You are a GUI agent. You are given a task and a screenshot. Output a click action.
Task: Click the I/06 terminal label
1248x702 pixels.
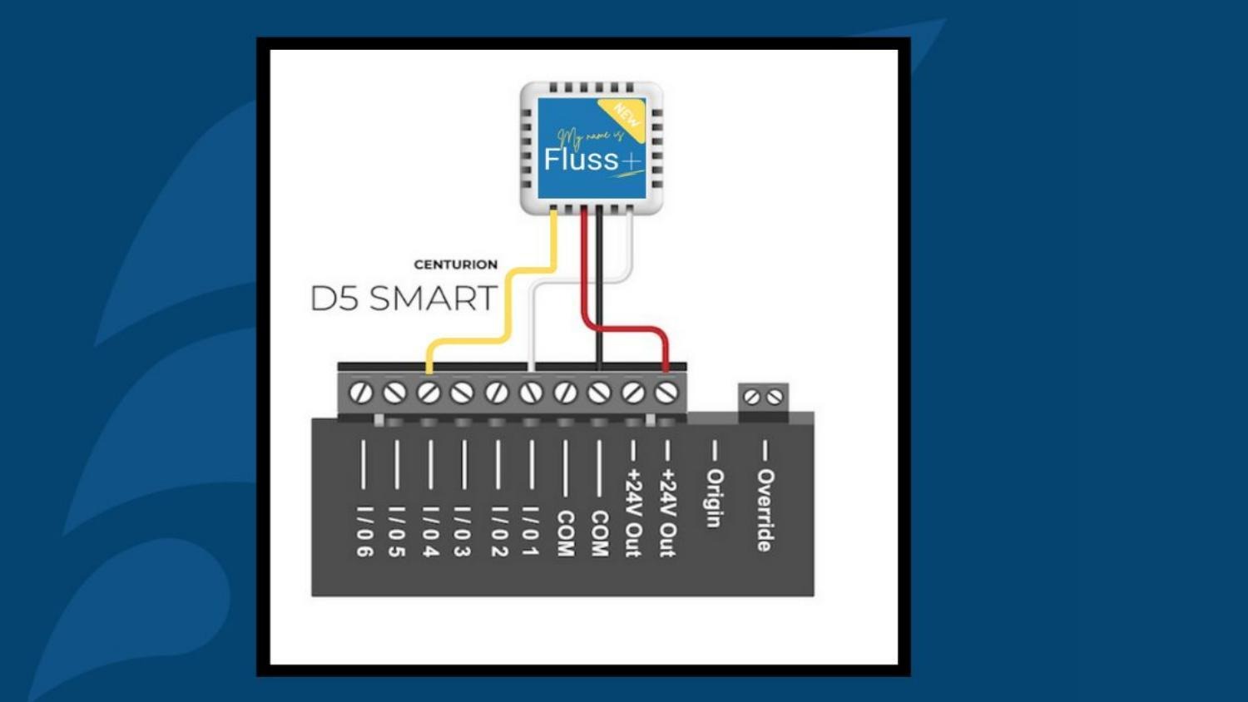pyautogui.click(x=364, y=531)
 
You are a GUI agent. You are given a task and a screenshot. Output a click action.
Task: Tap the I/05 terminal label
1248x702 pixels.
pyautogui.click(x=397, y=531)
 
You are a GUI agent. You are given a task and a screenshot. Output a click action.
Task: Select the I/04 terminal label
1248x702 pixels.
pyautogui.click(x=430, y=531)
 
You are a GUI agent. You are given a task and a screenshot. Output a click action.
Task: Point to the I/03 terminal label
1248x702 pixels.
pyautogui.click(x=463, y=531)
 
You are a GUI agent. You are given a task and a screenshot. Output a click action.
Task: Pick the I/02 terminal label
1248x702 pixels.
pyautogui.click(x=498, y=531)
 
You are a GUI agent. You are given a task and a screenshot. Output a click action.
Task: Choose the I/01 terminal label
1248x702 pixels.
pyautogui.click(x=532, y=531)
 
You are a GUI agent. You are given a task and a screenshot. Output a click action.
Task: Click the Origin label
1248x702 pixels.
pyautogui.click(x=714, y=497)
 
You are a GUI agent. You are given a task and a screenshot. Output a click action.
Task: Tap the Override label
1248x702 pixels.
pyautogui.click(x=765, y=509)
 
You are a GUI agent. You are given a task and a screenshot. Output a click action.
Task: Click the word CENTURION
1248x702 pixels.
pyautogui.click(x=455, y=264)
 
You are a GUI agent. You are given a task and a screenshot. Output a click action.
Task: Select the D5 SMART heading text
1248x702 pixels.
pyautogui.click(x=404, y=299)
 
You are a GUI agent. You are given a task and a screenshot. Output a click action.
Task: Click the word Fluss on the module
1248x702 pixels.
pyautogui.click(x=581, y=159)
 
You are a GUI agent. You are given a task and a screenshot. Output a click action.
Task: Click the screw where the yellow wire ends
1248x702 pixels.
pyautogui.click(x=428, y=392)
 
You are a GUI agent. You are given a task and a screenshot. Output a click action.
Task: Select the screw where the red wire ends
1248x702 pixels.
pyautogui.click(x=666, y=392)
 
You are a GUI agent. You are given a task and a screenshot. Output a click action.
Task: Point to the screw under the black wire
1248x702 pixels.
pyautogui.click(x=599, y=392)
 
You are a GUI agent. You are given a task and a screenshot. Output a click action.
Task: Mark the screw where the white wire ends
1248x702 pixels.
pyautogui.click(x=531, y=392)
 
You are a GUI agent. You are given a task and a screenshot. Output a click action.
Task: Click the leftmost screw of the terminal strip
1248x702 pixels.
pyautogui.click(x=360, y=392)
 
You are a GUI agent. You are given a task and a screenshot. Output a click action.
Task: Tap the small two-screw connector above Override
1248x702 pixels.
pyautogui.click(x=763, y=398)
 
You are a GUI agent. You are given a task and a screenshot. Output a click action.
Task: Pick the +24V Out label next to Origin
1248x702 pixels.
pyautogui.click(x=666, y=512)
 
